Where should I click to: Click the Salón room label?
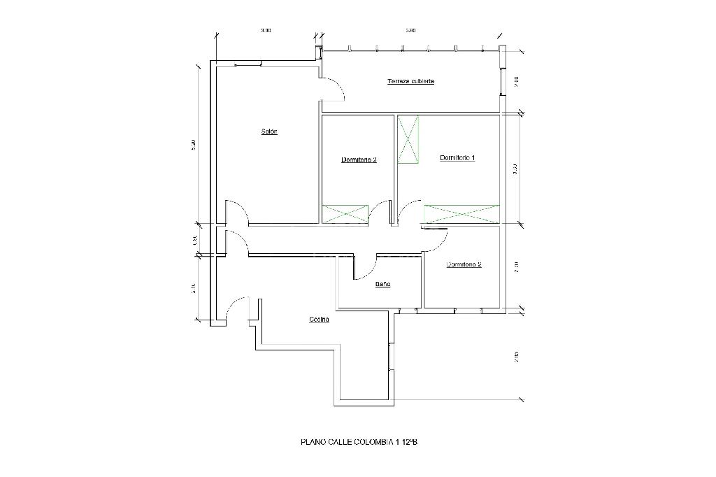pos(269,131)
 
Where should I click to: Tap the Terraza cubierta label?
pos(410,81)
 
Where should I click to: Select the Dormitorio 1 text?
pos(457,157)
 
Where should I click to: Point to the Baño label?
pos(382,285)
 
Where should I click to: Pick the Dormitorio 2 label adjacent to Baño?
pos(464,265)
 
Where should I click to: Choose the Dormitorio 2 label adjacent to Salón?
pos(359,159)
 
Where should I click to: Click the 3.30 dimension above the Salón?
pos(265,31)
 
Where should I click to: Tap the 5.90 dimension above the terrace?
pos(410,31)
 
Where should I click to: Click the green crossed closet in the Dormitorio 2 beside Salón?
pos(345,214)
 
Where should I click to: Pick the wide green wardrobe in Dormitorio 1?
pos(462,214)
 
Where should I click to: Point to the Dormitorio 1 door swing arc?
pos(412,208)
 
